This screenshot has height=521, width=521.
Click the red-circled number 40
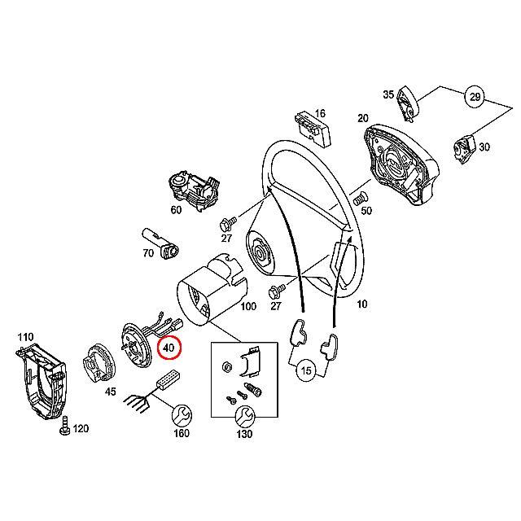click(x=169, y=348)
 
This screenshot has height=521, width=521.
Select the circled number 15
click(x=306, y=370)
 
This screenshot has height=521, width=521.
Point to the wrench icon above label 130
click(x=243, y=416)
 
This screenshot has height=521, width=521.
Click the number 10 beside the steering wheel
click(x=362, y=304)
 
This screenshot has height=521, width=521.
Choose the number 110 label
click(x=25, y=336)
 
